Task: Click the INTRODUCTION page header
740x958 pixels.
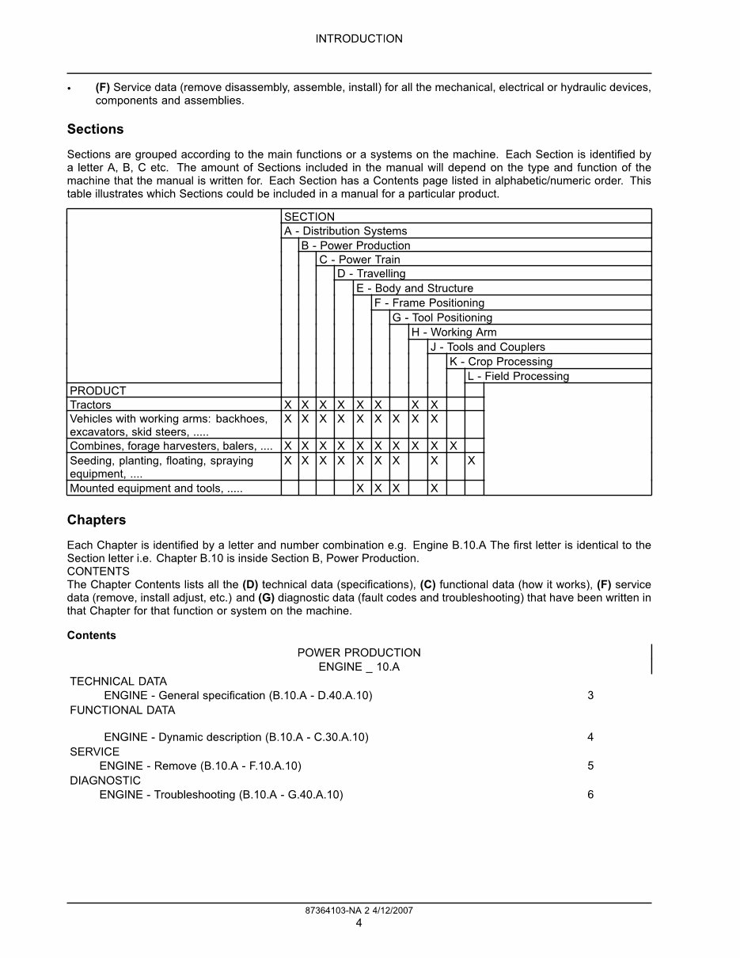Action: coord(359,39)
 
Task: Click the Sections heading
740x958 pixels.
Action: coord(95,129)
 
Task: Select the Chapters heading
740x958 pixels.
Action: coord(96,520)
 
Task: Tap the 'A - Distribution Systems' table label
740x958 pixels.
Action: coord(345,231)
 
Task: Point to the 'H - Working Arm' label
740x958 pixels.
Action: coord(453,333)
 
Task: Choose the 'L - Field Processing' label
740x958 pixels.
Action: coord(518,376)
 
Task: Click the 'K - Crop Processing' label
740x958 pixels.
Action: coord(500,362)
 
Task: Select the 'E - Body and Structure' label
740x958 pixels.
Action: coord(414,289)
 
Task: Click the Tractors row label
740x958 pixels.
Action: coord(90,405)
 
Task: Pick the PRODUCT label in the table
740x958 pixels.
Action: coord(97,390)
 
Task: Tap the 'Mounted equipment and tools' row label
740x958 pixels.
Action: coord(156,489)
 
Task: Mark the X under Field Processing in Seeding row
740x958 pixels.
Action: coord(472,461)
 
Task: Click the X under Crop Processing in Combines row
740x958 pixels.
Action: coord(453,447)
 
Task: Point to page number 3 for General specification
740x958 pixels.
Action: coord(590,696)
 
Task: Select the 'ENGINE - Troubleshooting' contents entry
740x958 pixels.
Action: coord(221,795)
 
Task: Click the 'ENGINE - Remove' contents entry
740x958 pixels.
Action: coord(200,766)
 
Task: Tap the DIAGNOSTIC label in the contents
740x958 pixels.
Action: coord(105,781)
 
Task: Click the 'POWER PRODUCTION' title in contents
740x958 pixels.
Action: coord(359,652)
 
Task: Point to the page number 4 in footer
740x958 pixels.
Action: coord(359,922)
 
